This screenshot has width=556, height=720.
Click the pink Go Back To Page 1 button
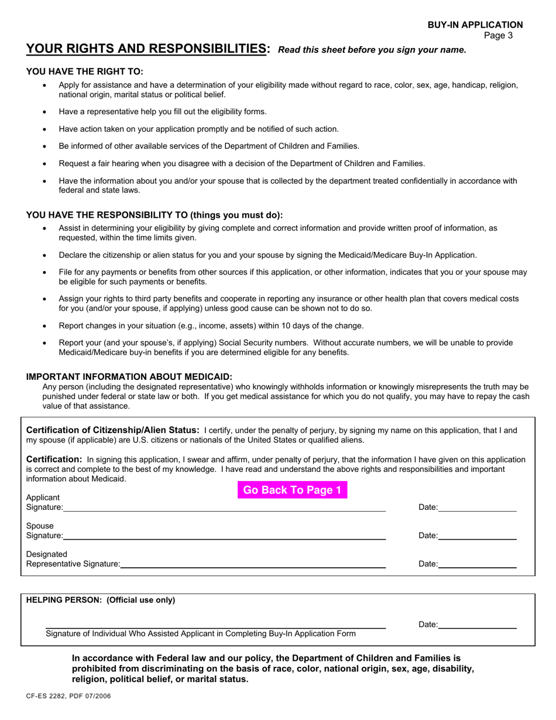[x=292, y=491]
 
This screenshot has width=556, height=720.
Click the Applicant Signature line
[x=225, y=508]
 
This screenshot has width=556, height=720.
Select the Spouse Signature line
[x=225, y=536]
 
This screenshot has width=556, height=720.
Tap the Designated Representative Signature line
[x=253, y=564]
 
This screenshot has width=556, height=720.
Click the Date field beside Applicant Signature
[x=477, y=508]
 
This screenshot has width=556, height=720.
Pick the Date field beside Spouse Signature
[x=477, y=536]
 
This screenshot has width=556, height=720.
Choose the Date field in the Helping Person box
[x=477, y=625]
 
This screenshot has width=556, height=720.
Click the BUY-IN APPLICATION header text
[x=475, y=25]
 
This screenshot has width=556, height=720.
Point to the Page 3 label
[x=499, y=35]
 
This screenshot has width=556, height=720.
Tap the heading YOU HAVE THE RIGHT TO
[x=84, y=72]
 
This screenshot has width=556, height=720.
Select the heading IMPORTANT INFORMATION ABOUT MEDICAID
[x=129, y=377]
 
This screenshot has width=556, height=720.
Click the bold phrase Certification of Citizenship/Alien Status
[x=113, y=430]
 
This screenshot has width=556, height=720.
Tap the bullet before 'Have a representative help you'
[x=45, y=112]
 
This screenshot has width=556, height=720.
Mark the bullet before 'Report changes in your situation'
[x=45, y=326]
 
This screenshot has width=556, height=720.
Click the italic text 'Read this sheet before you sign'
[x=372, y=50]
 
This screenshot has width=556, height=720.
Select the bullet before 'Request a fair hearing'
[x=45, y=164]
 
